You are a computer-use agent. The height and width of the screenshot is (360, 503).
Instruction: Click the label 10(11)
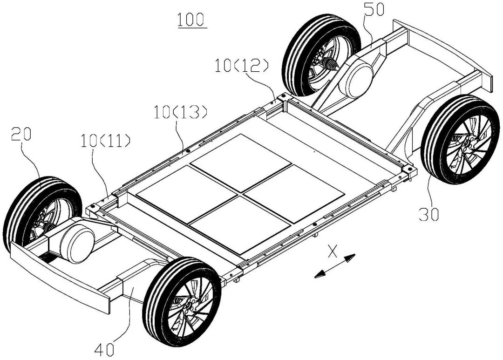tap(104, 140)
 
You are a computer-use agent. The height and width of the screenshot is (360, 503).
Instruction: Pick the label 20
tap(21, 136)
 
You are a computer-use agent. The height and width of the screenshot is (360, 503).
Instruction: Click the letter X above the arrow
tap(332, 251)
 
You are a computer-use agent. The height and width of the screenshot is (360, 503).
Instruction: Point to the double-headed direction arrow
tap(335, 266)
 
